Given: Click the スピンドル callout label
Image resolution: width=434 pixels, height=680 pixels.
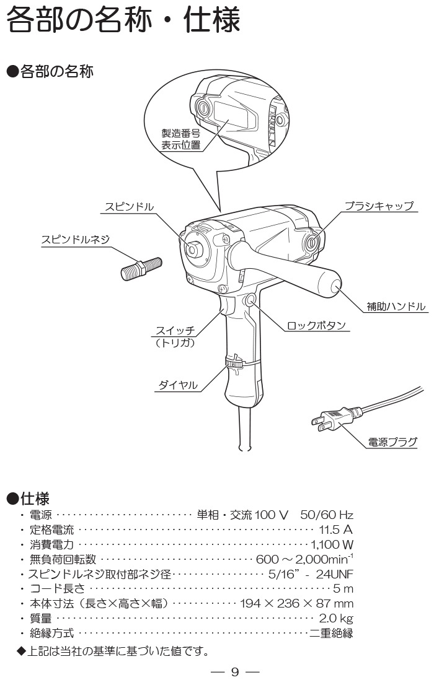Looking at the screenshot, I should pyautogui.click(x=129, y=206).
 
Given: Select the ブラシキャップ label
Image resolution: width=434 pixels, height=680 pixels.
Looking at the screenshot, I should pyautogui.click(x=378, y=206).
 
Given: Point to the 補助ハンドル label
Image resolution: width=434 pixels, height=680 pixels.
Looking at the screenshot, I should pyautogui.click(x=396, y=306).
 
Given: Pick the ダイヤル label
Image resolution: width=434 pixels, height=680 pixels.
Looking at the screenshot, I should pyautogui.click(x=178, y=385).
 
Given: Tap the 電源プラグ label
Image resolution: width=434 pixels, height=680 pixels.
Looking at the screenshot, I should pyautogui.click(x=392, y=442).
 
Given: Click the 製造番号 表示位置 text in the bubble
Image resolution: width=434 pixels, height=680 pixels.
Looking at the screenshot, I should pyautogui.click(x=180, y=139).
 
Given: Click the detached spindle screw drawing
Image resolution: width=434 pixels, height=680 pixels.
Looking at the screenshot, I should pyautogui.click(x=140, y=268).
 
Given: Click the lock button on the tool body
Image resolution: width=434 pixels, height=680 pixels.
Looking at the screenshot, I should pyautogui.click(x=251, y=300).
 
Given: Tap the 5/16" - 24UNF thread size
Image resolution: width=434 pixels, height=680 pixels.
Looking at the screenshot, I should pyautogui.click(x=311, y=573).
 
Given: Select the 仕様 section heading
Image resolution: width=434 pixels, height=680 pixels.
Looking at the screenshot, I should pyautogui.click(x=35, y=498).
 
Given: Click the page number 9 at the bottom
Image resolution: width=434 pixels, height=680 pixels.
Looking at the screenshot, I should pyautogui.click(x=235, y=671).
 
